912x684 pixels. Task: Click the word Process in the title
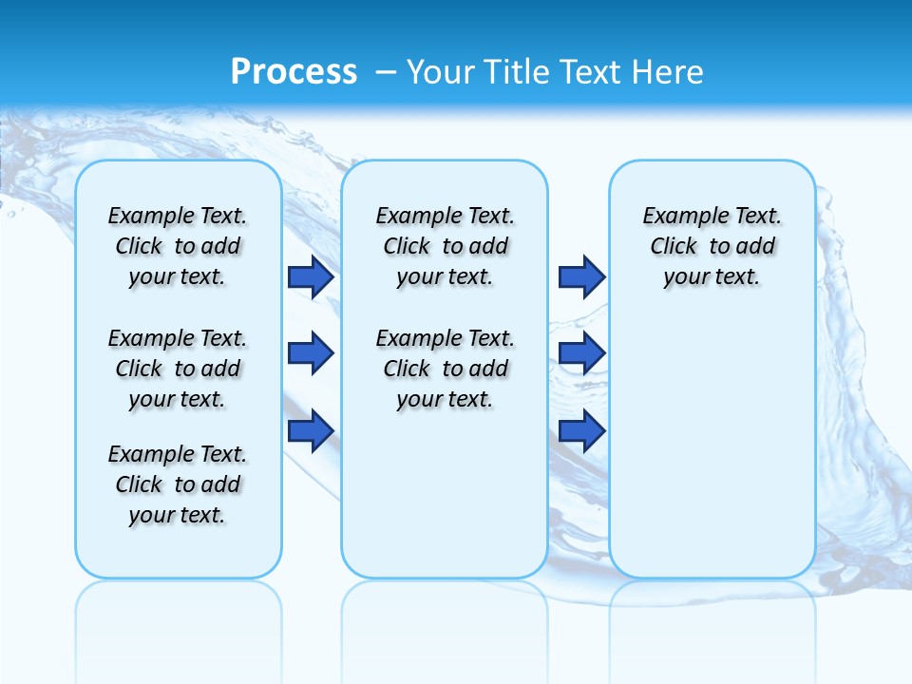294,71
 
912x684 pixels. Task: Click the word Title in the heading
518,72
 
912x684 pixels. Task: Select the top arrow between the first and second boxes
311,276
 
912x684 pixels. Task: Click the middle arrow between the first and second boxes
311,353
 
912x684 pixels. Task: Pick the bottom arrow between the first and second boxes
311,430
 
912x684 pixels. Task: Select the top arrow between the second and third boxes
581,276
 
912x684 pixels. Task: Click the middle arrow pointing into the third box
581,353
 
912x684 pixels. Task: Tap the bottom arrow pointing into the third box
581,430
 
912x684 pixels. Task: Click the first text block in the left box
178,246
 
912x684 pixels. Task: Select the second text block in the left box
178,369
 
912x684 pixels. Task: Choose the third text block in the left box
178,484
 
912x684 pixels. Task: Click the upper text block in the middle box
445,246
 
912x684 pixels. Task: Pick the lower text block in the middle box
445,369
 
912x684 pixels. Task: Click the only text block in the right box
712,246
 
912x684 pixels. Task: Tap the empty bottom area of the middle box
445,503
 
